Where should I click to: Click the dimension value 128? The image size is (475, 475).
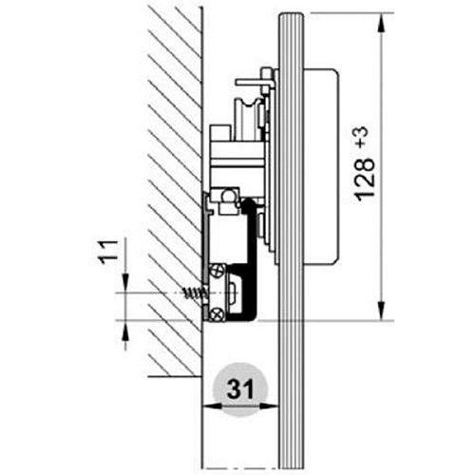[365, 180]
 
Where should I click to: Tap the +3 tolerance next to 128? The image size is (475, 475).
[363, 137]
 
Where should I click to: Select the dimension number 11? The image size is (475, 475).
[107, 252]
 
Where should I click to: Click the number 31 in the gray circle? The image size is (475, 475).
[240, 389]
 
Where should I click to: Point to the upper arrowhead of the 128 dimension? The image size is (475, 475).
[382, 23]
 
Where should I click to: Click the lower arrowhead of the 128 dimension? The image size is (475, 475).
[382, 311]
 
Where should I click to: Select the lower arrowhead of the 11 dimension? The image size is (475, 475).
[125, 330]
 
